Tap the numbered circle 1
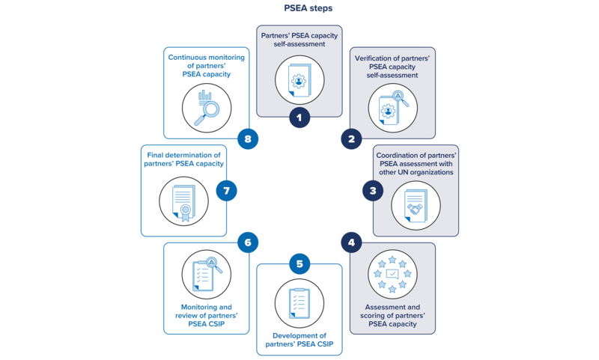click(299, 117)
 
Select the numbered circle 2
click(351, 138)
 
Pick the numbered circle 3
click(373, 191)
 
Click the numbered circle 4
click(351, 242)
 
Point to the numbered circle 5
click(299, 263)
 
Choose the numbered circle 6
click(248, 242)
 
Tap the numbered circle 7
click(226, 190)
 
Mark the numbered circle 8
click(248, 139)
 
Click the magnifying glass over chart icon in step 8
click(207, 108)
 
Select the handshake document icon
click(416, 205)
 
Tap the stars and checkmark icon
click(392, 274)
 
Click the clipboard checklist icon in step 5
click(299, 303)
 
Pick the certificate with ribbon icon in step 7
click(183, 201)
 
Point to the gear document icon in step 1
click(299, 80)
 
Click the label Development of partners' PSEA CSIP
click(299, 341)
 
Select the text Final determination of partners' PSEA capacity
click(183, 159)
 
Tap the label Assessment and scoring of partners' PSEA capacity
click(392, 316)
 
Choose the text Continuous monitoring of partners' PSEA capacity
click(207, 66)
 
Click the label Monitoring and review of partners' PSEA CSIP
click(207, 316)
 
